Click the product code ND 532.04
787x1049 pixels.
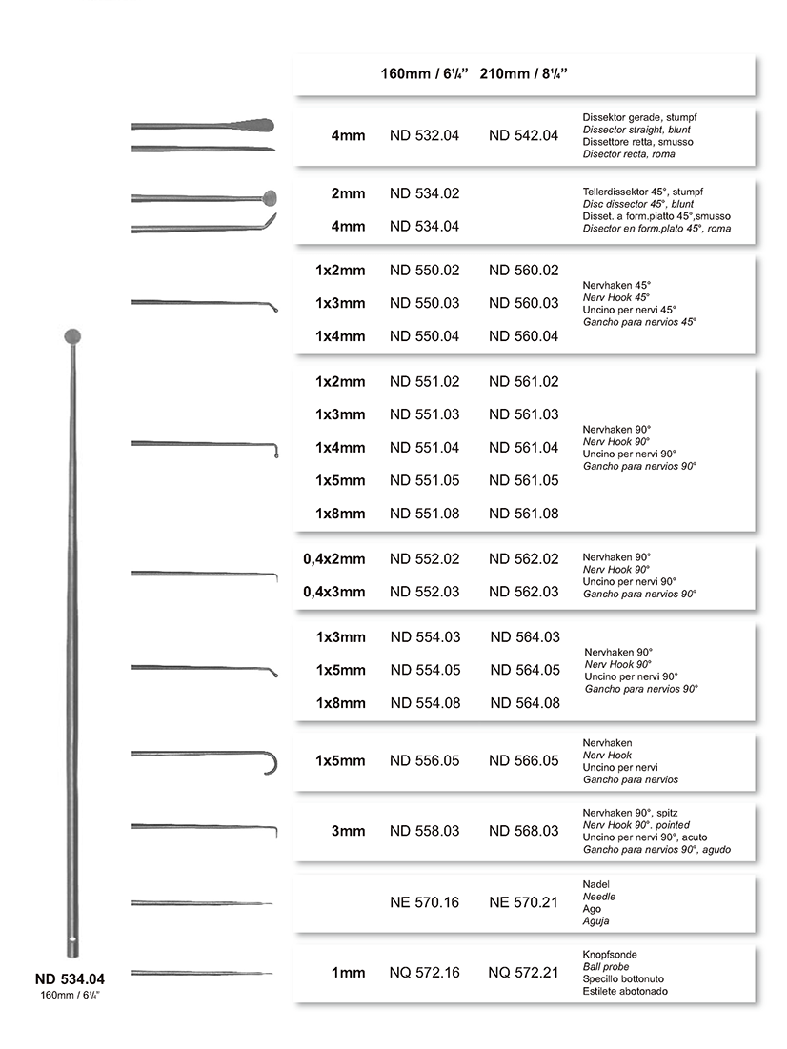tap(424, 135)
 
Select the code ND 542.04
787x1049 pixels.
tap(523, 135)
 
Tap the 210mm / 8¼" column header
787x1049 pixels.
tap(531, 73)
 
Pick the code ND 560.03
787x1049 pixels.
tap(523, 303)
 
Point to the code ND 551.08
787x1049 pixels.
tap(424, 514)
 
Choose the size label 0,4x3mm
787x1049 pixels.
tap(334, 592)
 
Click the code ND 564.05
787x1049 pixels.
tap(525, 670)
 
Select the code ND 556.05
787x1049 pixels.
tap(425, 761)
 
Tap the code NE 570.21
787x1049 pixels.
tap(523, 901)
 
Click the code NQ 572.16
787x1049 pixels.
tap(424, 973)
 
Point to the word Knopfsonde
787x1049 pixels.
tap(610, 954)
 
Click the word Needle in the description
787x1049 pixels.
tap(599, 897)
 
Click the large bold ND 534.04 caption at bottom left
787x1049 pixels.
tap(70, 978)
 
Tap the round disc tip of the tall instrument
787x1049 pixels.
tap(72, 335)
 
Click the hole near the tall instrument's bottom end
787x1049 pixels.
tap(72, 945)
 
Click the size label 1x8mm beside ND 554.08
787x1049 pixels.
tap(340, 703)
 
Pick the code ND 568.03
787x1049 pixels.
tap(523, 831)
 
